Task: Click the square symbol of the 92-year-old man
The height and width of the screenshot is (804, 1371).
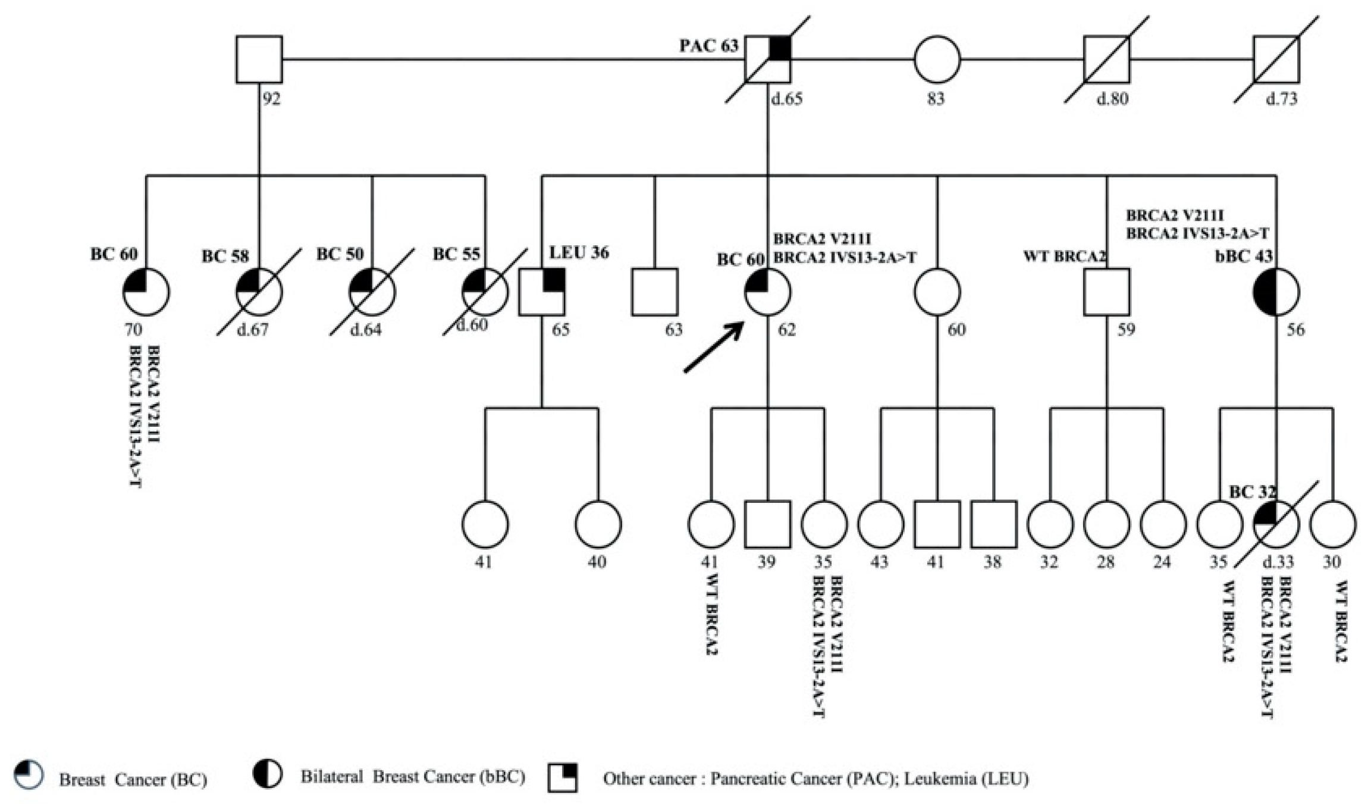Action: [259, 60]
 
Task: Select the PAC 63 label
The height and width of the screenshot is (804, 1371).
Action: [709, 46]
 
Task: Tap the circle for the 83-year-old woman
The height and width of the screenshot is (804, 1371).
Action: [937, 60]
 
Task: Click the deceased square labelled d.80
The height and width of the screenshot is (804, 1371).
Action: [1106, 60]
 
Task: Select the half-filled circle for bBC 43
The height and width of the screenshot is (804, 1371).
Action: [1276, 292]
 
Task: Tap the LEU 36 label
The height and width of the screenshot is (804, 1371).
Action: [579, 252]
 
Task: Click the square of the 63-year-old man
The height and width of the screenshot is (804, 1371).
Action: [654, 292]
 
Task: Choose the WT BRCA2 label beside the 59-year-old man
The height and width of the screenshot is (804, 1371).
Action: [1064, 257]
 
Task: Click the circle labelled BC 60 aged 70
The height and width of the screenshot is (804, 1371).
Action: [146, 292]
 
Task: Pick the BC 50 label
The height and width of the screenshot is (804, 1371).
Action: [340, 255]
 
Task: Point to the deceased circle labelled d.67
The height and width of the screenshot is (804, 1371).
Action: [259, 292]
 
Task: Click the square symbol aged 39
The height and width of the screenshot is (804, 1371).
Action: [767, 524]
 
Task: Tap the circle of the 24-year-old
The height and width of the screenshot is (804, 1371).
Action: [1163, 524]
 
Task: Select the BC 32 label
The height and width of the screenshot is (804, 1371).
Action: [1252, 492]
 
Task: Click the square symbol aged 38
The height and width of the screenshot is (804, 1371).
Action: [993, 524]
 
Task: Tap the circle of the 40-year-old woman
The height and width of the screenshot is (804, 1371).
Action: [598, 524]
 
